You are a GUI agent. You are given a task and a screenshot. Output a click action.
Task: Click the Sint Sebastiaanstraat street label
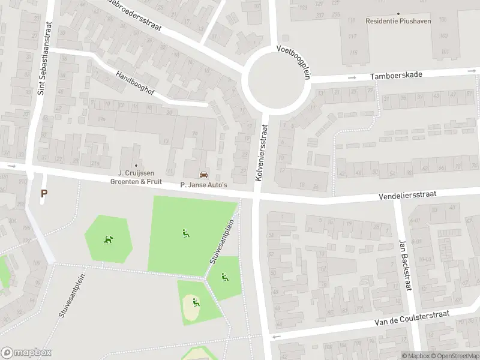(x=42, y=59)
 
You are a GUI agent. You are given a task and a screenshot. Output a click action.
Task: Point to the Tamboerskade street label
(x=396, y=75)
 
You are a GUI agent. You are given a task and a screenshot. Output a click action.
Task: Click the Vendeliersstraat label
(x=407, y=195)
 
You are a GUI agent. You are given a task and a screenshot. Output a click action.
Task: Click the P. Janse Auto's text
(x=204, y=185)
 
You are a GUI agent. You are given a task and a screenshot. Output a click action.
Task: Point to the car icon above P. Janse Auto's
(x=204, y=175)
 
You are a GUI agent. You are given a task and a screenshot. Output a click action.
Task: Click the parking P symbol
(x=43, y=193)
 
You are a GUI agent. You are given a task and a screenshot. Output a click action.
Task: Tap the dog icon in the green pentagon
(x=109, y=239)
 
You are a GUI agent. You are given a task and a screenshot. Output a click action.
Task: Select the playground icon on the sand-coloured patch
(x=195, y=302)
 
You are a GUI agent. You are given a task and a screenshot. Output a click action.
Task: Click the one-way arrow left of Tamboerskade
(x=352, y=77)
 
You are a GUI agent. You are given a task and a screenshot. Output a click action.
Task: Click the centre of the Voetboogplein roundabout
(x=275, y=80)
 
